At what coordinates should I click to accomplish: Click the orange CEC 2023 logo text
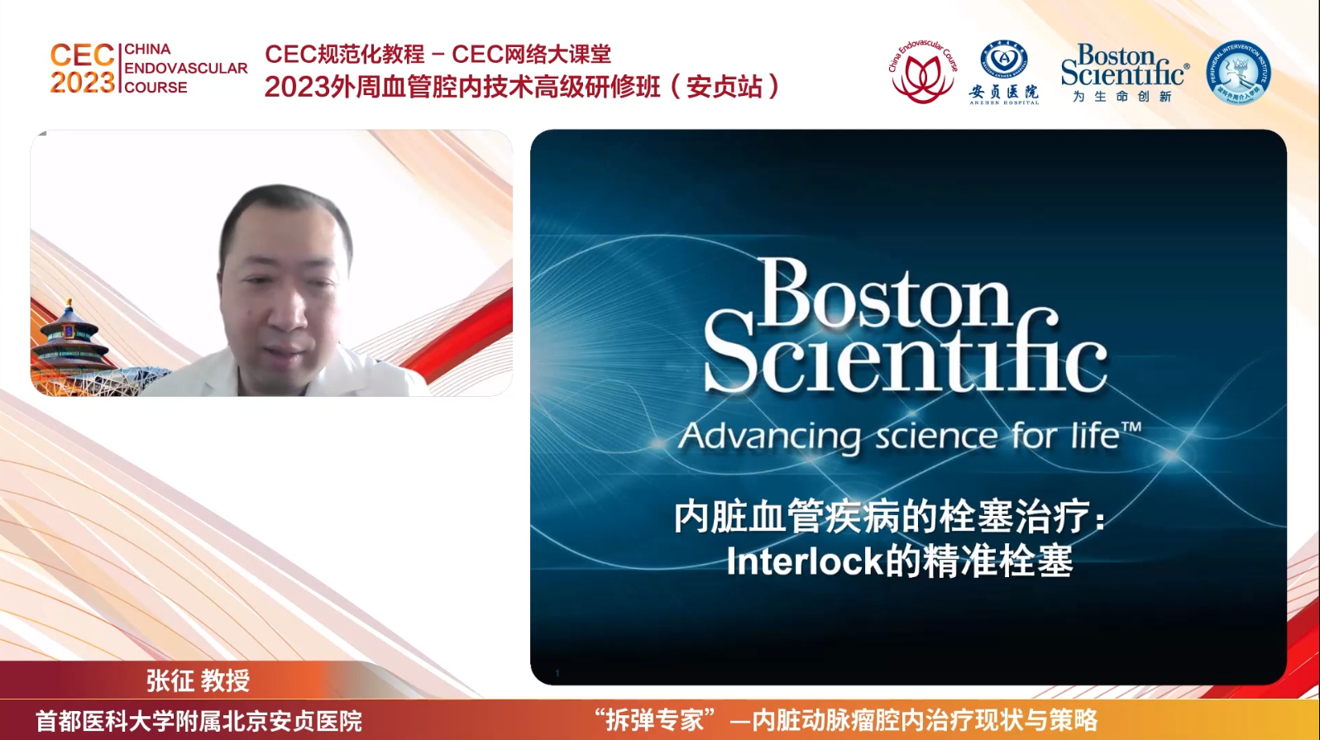82,69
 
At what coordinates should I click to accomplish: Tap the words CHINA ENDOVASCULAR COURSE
185,69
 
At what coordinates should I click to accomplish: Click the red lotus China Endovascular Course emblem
921,73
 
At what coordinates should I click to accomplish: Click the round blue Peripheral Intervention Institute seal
1238,72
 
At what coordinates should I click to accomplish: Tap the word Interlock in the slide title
805,562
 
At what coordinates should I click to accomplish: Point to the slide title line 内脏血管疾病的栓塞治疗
889,518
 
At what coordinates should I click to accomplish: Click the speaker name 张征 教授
198,680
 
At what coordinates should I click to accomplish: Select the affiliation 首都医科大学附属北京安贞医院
198,721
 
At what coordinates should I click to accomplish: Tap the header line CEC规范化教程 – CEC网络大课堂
438,55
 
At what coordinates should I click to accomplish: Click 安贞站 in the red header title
724,86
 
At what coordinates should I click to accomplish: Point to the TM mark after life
1131,427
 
